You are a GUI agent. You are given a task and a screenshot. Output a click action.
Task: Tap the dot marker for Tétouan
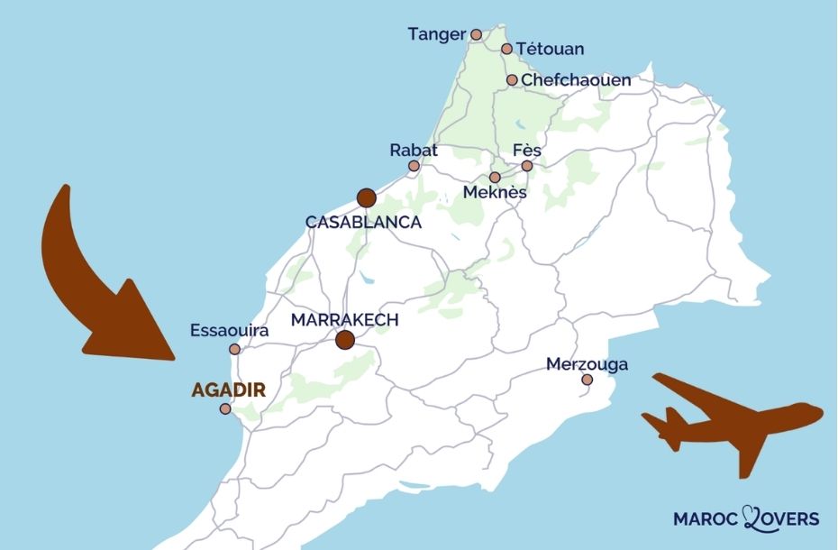pos(506,49)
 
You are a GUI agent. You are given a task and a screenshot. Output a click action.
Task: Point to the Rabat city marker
pos(414,166)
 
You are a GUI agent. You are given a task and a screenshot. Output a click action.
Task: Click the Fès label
pos(526,150)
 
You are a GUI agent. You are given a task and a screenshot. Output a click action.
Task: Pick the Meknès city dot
pos(495,178)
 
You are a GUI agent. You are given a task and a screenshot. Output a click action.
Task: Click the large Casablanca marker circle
pos(366,197)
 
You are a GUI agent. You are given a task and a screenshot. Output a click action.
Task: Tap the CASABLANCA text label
pos(364,222)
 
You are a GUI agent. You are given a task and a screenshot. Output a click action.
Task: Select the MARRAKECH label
pos(345,319)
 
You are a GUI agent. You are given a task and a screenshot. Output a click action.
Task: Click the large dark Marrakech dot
pos(345,340)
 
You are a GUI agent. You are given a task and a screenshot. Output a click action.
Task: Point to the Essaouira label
pos(230,331)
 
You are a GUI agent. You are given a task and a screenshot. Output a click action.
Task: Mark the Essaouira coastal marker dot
pos(234,349)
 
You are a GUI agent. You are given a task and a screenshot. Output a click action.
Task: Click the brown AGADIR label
pos(228,390)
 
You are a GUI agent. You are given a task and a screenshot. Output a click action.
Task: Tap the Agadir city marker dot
pos(225,408)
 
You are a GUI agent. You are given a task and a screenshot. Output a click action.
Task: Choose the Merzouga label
pos(587,364)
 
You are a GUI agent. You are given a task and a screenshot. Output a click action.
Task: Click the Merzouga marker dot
pos(587,380)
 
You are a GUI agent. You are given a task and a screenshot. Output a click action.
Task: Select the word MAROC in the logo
pos(706,518)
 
